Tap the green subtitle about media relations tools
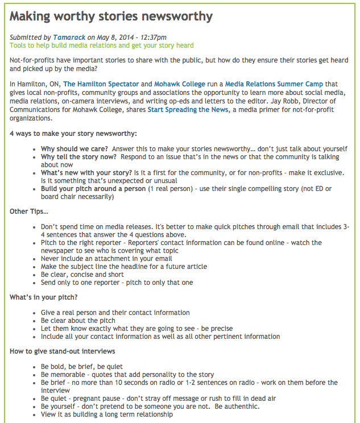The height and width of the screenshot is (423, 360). pyautogui.click(x=102, y=45)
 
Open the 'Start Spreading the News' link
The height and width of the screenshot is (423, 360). pyautogui.click(x=188, y=110)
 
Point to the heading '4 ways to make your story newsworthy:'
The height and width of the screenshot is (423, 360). pyautogui.click(x=73, y=134)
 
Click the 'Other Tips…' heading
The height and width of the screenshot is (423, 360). pyautogui.click(x=29, y=212)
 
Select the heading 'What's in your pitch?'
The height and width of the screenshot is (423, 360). pyautogui.click(x=44, y=297)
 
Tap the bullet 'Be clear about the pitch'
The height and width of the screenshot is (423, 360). pyautogui.click(x=78, y=321)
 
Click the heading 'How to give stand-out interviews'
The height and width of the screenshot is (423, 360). pyautogui.click(x=62, y=351)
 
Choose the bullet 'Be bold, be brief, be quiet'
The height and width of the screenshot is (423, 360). pyautogui.click(x=81, y=367)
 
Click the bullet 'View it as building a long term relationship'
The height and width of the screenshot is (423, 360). pyautogui.click(x=107, y=414)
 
